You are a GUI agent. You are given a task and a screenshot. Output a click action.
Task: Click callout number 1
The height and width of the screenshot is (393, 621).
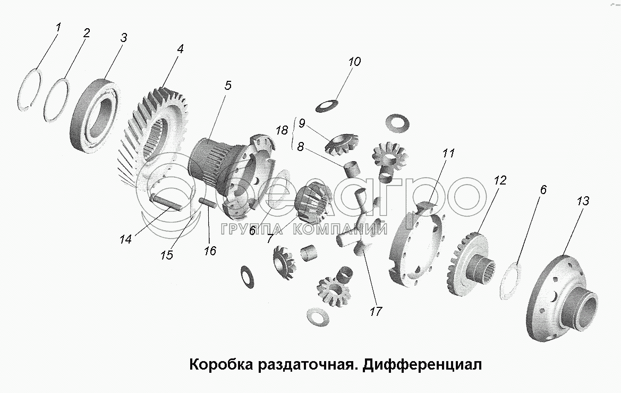58,27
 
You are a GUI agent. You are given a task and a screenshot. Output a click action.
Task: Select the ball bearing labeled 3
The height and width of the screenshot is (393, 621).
95,115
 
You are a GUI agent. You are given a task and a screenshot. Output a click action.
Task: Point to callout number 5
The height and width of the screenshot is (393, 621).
228,85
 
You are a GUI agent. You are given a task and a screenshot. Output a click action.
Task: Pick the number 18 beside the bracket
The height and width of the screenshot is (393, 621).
282,130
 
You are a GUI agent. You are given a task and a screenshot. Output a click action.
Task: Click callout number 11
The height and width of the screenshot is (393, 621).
448,153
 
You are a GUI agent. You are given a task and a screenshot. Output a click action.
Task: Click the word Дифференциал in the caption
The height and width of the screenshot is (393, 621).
422,364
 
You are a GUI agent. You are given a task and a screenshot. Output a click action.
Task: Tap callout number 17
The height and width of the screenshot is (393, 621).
376,311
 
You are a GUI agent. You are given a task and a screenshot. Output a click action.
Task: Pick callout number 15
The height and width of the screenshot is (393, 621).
167,255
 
